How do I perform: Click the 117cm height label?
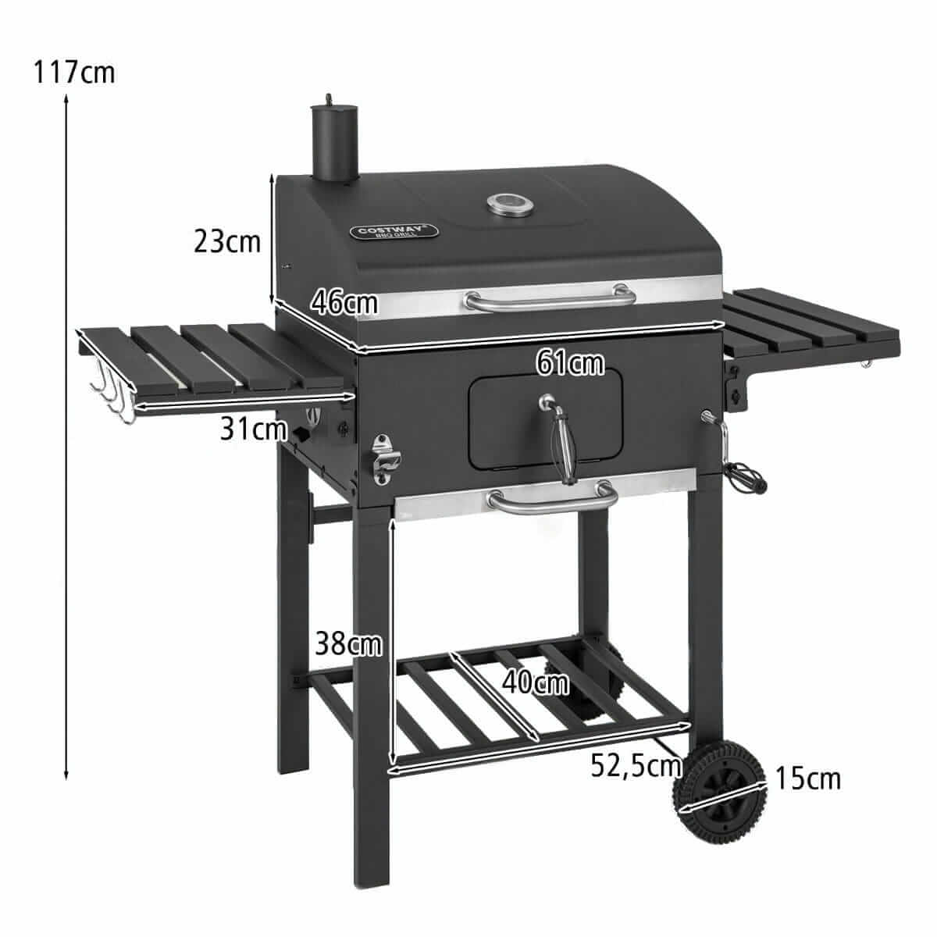click(74, 73)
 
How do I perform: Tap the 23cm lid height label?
click(227, 241)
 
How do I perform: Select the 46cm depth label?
click(344, 302)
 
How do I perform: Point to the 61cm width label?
click(570, 363)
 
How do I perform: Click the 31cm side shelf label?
click(253, 429)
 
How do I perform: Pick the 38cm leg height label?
click(348, 643)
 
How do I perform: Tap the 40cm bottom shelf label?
click(536, 682)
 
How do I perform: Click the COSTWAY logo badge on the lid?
click(394, 231)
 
